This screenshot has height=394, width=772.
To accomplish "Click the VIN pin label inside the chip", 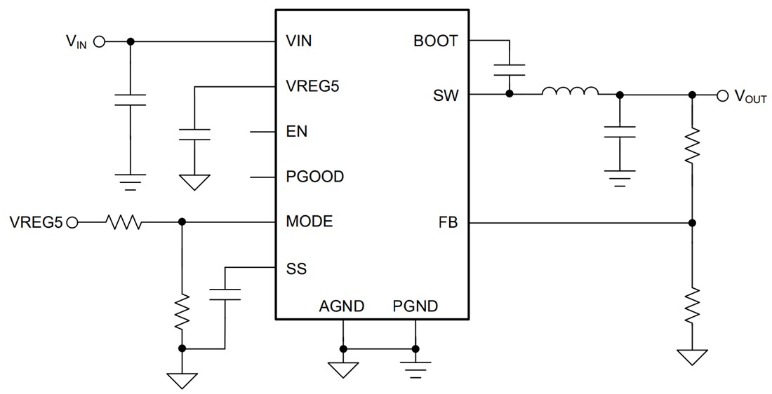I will tap(299, 41).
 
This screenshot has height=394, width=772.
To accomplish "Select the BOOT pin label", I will tap(436, 41).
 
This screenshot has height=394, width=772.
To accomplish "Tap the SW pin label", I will tap(446, 95).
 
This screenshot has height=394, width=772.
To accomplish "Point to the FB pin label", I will tap(448, 223).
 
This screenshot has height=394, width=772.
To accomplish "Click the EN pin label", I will tap(297, 132).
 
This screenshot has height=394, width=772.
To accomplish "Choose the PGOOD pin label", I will tap(315, 177).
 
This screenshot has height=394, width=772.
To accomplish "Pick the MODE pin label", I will tap(310, 222).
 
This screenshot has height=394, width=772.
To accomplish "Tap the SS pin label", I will tap(296, 269).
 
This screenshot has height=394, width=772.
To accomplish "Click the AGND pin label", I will tap(342, 306).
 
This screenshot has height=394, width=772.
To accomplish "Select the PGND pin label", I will tap(415, 306).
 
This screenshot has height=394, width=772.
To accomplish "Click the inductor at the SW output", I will tap(570, 91).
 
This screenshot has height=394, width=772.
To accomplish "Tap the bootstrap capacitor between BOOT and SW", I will tap(509, 69).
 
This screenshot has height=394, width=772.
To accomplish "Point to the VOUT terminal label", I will tap(750, 97).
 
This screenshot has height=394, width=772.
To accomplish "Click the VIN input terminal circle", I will tap(99, 41).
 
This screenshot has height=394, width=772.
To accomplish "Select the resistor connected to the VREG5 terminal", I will tap(124, 223).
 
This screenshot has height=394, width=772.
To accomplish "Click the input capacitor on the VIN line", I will tap(130, 100).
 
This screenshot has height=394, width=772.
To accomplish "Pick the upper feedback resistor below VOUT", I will tap(692, 145).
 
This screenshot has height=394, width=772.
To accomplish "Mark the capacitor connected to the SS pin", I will tap(225, 294).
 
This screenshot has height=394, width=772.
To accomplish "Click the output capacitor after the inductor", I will tap(619, 133).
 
